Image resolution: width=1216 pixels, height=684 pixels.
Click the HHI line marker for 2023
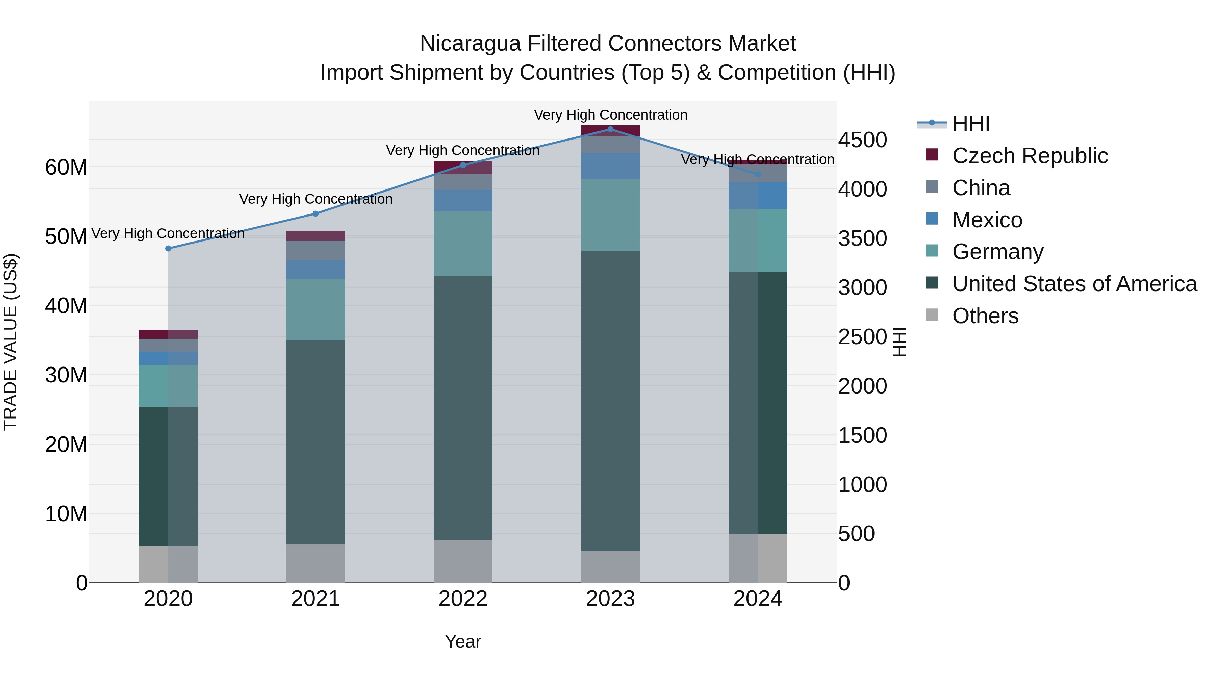(x=610, y=129)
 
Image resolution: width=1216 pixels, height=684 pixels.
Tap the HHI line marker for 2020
(x=169, y=248)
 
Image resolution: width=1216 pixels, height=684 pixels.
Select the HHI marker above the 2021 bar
(x=316, y=214)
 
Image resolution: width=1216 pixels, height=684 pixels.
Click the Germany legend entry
(x=997, y=252)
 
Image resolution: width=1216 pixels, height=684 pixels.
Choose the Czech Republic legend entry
(x=1030, y=156)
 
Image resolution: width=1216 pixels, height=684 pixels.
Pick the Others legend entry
(x=985, y=316)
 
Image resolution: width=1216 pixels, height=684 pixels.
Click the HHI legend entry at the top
(x=970, y=124)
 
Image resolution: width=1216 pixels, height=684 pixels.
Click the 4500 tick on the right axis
(x=862, y=140)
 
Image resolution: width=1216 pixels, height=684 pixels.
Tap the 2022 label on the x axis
(x=463, y=599)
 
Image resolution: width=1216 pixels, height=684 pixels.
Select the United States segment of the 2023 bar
(x=610, y=401)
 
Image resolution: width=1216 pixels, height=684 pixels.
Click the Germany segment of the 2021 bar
(x=315, y=310)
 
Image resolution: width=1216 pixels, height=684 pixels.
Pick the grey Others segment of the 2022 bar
(x=463, y=561)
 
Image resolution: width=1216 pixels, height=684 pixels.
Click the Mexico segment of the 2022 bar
(x=463, y=201)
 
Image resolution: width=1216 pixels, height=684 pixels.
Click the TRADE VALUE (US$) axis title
(x=10, y=342)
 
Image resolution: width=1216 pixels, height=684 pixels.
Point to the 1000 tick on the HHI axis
(x=862, y=485)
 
